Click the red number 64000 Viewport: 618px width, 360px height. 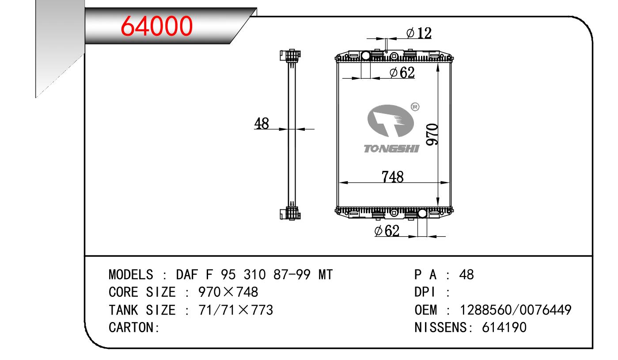156,26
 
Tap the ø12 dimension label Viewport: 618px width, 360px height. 419,33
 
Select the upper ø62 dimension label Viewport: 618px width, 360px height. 402,72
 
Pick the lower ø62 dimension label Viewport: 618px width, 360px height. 387,231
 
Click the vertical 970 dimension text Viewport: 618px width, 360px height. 432,135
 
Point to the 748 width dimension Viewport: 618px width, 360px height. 393,177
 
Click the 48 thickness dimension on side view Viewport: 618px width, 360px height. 262,123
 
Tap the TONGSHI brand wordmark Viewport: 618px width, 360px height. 391,149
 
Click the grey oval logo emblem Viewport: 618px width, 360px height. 391,121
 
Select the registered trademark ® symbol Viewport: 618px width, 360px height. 415,107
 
